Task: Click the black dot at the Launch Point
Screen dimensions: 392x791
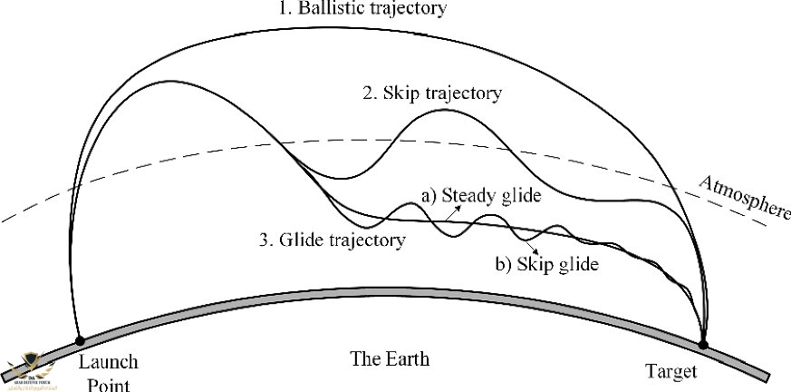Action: pyautogui.click(x=80, y=340)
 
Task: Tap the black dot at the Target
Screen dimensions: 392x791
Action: pyautogui.click(x=703, y=344)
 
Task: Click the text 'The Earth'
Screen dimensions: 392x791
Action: pyautogui.click(x=390, y=359)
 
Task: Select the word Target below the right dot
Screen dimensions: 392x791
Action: pyautogui.click(x=671, y=371)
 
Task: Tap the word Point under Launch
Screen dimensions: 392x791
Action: pyautogui.click(x=108, y=384)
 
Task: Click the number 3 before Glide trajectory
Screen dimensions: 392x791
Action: pyautogui.click(x=262, y=240)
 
